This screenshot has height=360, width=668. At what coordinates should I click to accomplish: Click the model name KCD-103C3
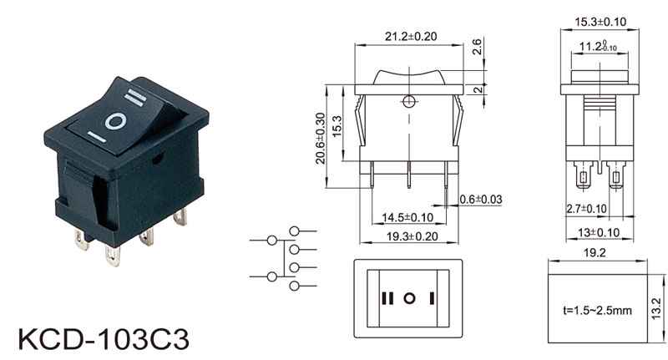pyautogui.click(x=104, y=339)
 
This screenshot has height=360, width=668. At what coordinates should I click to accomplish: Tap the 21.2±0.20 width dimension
pyautogui.click(x=411, y=37)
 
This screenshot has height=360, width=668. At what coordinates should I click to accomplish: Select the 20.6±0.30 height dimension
pyautogui.click(x=321, y=139)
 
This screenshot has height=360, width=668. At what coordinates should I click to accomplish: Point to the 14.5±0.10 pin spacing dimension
pyautogui.click(x=407, y=218)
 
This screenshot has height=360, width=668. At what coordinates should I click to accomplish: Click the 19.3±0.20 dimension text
pyautogui.click(x=412, y=236)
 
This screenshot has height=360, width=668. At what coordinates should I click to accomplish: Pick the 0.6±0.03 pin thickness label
pyautogui.click(x=481, y=200)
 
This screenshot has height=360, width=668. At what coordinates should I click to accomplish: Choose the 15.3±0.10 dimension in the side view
pyautogui.click(x=600, y=22)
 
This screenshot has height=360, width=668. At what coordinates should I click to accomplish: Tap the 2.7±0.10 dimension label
pyautogui.click(x=586, y=209)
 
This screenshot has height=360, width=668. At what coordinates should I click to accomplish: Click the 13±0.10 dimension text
pyautogui.click(x=599, y=232)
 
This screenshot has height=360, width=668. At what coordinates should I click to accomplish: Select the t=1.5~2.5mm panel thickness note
pyautogui.click(x=597, y=310)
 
